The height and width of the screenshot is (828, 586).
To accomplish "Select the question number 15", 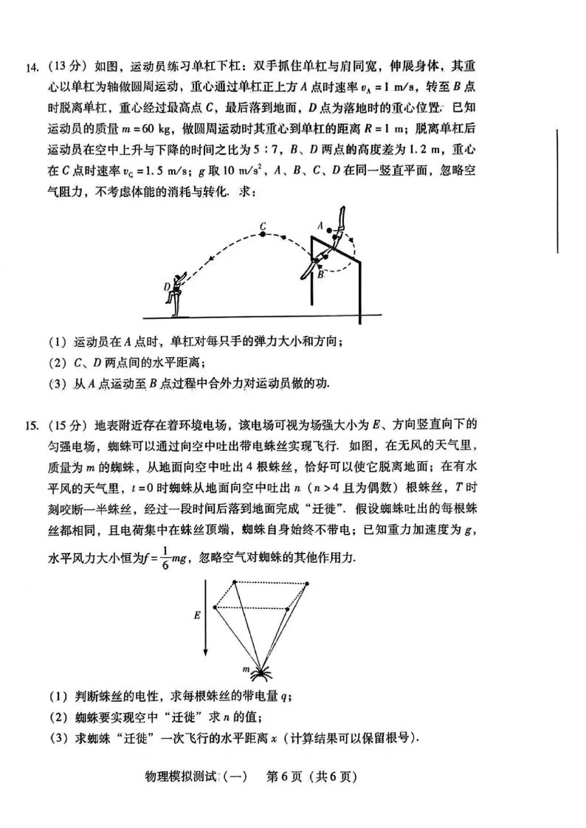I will point(32,426).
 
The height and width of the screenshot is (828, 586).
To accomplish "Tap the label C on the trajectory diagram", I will point(262,224).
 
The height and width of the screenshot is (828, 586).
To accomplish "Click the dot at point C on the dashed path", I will point(263,235).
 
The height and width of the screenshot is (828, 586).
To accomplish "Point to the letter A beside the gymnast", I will point(321,224).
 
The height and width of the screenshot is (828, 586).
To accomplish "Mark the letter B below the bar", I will point(321,274).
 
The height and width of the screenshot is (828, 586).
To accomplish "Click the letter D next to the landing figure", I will point(168,286).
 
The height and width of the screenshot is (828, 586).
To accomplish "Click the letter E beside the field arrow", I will point(196,613).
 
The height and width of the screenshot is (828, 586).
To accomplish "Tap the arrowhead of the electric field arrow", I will point(205,656).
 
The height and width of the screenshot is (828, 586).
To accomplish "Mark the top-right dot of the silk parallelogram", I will point(308,583).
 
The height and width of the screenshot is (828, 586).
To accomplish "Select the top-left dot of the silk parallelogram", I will point(235,582).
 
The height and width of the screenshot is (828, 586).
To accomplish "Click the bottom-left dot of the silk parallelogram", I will point(215,608).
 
